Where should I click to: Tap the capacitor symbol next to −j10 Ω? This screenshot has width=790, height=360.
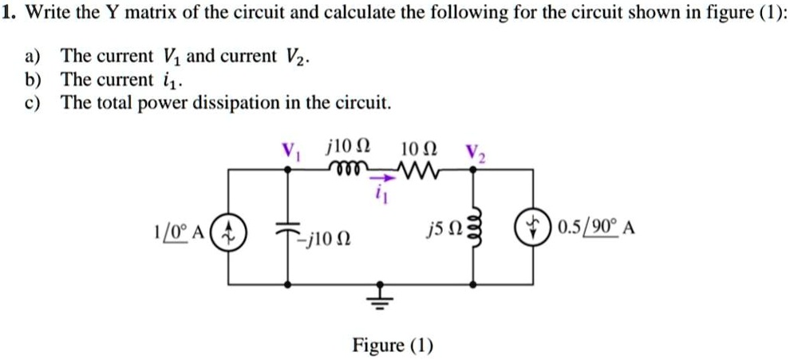288,227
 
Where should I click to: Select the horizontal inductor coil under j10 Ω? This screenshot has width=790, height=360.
344,169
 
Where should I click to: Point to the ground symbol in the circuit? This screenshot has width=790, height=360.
380,296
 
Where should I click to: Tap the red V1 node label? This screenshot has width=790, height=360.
289,149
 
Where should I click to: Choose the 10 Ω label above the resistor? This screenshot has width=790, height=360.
416,148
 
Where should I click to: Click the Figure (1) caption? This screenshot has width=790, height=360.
393,345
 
